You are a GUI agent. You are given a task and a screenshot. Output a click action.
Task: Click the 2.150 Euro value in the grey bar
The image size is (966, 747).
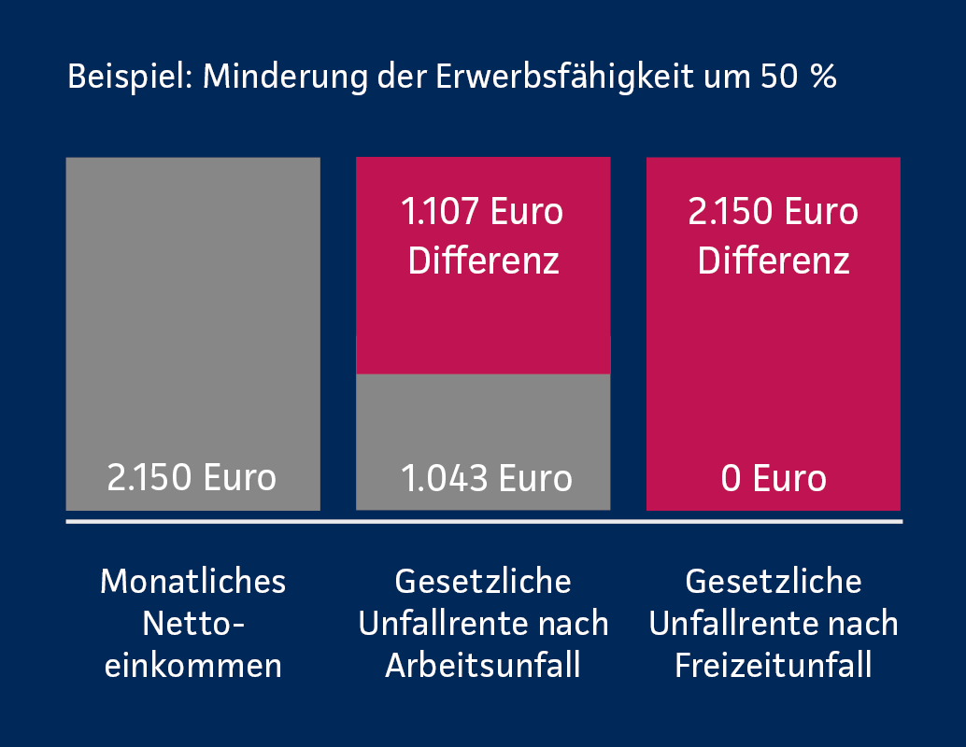tap(192, 478)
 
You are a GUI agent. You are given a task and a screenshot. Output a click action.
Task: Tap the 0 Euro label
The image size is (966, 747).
tap(774, 478)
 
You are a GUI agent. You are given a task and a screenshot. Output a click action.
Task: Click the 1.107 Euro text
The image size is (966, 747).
tap(482, 212)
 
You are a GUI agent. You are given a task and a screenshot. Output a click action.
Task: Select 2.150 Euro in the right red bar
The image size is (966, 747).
tap(774, 212)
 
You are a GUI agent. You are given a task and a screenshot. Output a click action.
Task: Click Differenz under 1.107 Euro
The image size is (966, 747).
tap(484, 261)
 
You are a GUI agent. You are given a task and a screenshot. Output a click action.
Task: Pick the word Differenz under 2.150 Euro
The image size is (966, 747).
tap(774, 261)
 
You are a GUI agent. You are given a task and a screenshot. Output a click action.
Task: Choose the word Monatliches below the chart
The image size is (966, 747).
tap(192, 582)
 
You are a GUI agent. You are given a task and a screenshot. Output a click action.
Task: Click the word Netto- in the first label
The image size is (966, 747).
tap(192, 624)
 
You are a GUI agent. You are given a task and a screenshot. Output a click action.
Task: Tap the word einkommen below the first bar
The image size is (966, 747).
tap(192, 667)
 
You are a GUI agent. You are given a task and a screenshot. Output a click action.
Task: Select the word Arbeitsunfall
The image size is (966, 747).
tap(483, 667)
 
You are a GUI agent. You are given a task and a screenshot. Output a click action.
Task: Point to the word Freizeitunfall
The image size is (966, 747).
tap(774, 667)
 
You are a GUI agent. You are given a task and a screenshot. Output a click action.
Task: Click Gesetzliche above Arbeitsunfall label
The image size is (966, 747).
tap(483, 582)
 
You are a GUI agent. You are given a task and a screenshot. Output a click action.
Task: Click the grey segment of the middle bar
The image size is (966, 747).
tap(483, 420)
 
